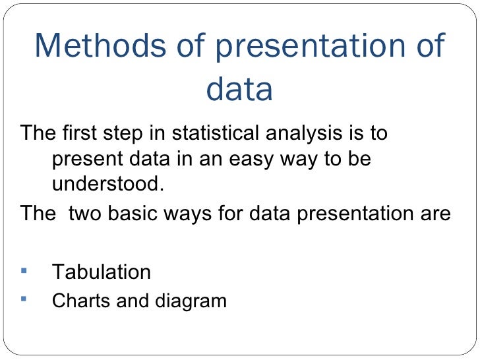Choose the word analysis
pyautogui.click(x=308, y=135)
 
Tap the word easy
pyautogui.click(x=236, y=160)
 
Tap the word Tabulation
pyautogui.click(x=101, y=272)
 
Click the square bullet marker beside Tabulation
pyautogui.click(x=25, y=270)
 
